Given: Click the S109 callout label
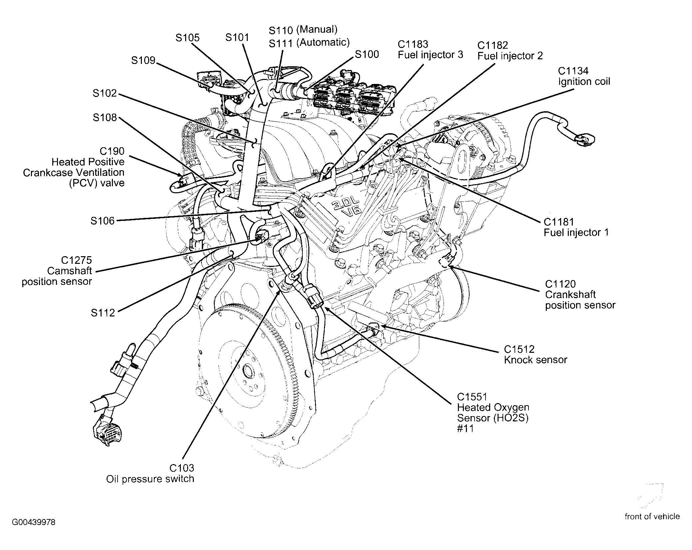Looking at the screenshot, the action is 143,60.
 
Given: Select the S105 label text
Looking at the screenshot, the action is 187,38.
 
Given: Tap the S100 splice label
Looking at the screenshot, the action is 367,54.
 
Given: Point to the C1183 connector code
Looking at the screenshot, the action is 413,44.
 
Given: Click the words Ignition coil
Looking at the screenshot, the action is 584,82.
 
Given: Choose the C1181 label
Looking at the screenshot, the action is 559,222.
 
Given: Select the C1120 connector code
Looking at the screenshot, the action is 560,284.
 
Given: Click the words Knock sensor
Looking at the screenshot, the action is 535,360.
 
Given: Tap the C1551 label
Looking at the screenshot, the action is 472,397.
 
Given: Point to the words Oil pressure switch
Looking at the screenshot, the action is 150,479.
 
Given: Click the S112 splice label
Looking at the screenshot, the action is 103,313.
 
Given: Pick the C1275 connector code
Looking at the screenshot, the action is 77,260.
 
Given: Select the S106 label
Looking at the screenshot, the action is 103,221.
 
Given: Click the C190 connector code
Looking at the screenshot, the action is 112,151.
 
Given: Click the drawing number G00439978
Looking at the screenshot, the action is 34,522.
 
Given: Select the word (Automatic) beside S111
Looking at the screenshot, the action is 323,42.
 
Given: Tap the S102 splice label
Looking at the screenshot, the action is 105,93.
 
